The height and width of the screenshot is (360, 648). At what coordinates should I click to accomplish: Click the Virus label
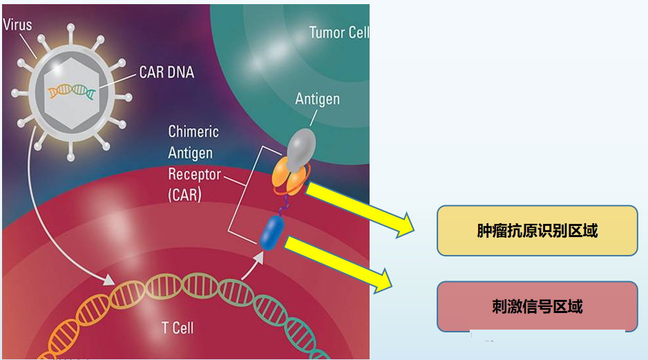[x=17, y=25]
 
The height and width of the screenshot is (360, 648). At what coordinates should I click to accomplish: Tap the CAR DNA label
[x=166, y=73]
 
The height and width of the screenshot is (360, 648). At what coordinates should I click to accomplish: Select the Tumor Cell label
[x=339, y=32]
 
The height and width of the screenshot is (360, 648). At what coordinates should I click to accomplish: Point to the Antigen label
[x=317, y=100]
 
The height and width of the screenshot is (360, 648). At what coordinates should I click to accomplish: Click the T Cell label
[x=178, y=328]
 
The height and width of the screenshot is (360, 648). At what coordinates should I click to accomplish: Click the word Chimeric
[x=193, y=132]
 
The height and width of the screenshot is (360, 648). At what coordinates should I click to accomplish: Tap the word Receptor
[x=195, y=174]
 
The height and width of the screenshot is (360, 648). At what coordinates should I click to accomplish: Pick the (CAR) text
[x=184, y=195]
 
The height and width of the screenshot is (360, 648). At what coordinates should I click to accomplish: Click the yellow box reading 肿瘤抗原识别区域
[x=537, y=231]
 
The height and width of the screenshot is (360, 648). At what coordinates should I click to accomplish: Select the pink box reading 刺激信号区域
[x=537, y=307]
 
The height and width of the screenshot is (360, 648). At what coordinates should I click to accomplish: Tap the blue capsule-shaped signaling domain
[x=272, y=233]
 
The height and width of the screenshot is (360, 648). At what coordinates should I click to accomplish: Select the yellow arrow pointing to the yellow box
[x=359, y=210]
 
